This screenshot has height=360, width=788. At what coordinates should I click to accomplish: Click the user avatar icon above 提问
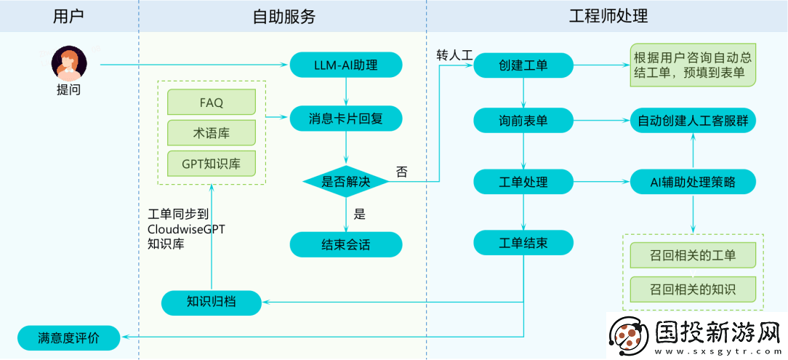click(x=69, y=64)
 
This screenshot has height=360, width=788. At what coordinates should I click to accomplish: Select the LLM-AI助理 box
click(x=345, y=65)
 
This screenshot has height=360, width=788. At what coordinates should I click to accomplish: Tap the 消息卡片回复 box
click(x=345, y=117)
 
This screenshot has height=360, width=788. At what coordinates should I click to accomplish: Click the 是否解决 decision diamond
click(x=345, y=181)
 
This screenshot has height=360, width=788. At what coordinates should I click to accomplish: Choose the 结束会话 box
click(x=345, y=244)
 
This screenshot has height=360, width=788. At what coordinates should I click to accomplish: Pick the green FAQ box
click(x=212, y=103)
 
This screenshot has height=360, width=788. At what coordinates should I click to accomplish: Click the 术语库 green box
click(x=212, y=133)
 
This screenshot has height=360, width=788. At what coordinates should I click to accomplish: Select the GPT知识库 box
click(x=212, y=164)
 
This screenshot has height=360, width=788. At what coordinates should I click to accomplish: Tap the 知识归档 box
click(x=211, y=302)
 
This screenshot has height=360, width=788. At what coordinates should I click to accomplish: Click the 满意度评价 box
click(x=68, y=337)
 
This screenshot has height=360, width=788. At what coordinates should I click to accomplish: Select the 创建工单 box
click(x=523, y=65)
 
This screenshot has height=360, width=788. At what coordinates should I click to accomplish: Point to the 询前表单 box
click(x=523, y=121)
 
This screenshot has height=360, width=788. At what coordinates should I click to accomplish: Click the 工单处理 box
click(x=523, y=182)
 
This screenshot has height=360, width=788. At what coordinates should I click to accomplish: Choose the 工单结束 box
click(x=523, y=243)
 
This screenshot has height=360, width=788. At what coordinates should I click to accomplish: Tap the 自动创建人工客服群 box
click(x=693, y=121)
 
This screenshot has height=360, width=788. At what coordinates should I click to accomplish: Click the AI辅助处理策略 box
click(x=693, y=182)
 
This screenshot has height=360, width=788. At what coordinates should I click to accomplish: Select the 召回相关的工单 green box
click(x=693, y=255)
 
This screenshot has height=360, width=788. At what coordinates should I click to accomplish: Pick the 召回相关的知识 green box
click(x=693, y=289)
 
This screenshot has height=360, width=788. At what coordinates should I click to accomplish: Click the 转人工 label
click(x=454, y=55)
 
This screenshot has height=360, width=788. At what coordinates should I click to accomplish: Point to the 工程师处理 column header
click(x=608, y=16)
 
